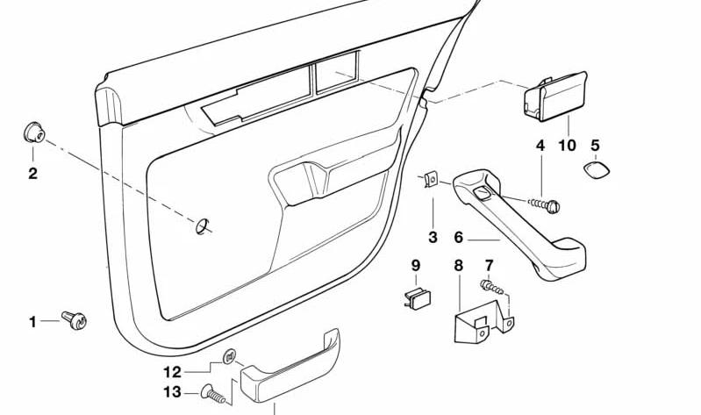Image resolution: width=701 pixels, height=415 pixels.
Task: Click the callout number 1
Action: pyautogui.click(x=32, y=321)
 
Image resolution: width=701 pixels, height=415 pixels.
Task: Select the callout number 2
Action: pyautogui.click(x=32, y=174)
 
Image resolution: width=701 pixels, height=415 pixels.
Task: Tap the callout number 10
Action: pyautogui.click(x=568, y=146)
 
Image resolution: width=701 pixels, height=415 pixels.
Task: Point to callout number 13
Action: pyautogui.click(x=172, y=392)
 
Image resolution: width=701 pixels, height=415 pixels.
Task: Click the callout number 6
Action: pyautogui.click(x=458, y=237)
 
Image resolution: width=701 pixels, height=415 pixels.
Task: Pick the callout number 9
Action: pyautogui.click(x=416, y=266)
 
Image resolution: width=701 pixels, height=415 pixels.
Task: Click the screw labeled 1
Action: pyautogui.click(x=75, y=319)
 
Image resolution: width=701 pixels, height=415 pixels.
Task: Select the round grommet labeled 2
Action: pyautogui.click(x=33, y=132)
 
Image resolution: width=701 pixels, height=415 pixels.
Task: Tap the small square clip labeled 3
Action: pyautogui.click(x=431, y=179)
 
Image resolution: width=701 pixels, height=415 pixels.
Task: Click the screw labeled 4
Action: pyautogui.click(x=545, y=205)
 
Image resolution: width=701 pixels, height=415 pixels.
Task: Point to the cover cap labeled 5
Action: pyautogui.click(x=597, y=171)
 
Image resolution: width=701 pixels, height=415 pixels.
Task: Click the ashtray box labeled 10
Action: pyautogui.click(x=555, y=97)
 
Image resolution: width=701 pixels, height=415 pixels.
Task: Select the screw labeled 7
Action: pyautogui.click(x=492, y=287)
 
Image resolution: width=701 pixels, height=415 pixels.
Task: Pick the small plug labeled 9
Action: pyautogui.click(x=418, y=299)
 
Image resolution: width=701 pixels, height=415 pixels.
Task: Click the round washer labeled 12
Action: pyautogui.click(x=229, y=356)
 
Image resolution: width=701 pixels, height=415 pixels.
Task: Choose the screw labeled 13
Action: pyautogui.click(x=214, y=394)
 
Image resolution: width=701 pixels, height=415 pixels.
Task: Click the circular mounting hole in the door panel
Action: pyautogui.click(x=202, y=226)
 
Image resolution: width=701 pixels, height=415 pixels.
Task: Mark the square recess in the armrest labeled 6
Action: pyautogui.click(x=482, y=193)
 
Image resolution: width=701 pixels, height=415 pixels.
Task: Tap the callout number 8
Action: pyautogui.click(x=458, y=266)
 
